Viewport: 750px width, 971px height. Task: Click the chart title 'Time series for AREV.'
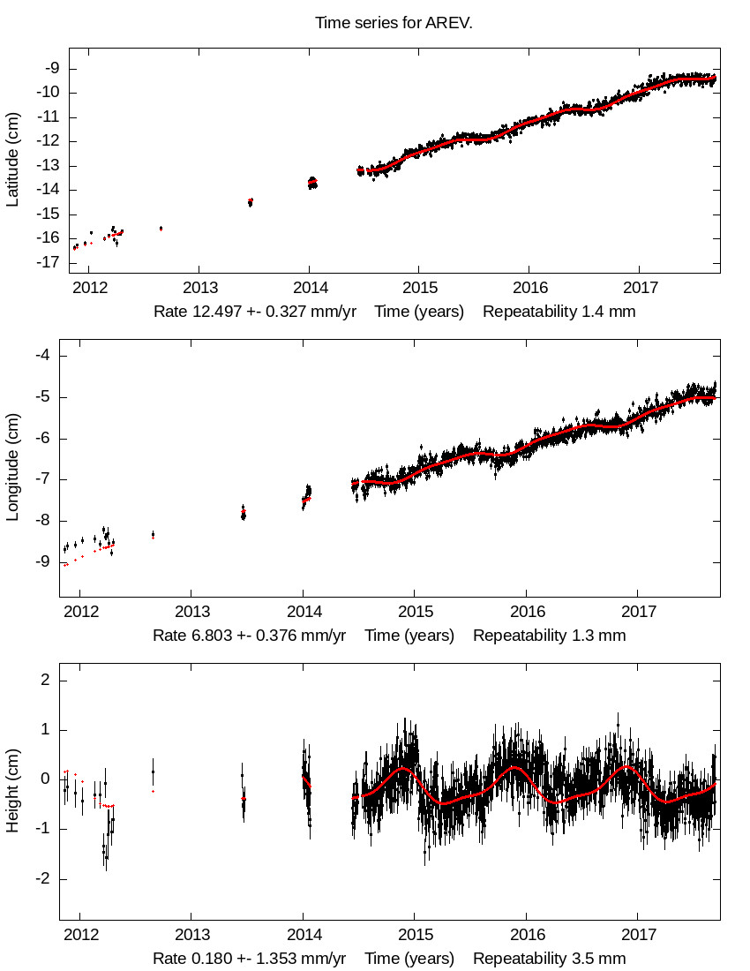tap(394, 23)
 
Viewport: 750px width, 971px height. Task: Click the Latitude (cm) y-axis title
tap(12, 160)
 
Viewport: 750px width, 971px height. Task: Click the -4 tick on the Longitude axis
tap(50, 356)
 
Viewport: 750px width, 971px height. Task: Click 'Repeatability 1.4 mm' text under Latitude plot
tap(559, 312)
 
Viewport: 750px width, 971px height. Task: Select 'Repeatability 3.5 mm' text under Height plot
tap(549, 959)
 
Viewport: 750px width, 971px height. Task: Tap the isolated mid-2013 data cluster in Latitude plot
tap(251, 202)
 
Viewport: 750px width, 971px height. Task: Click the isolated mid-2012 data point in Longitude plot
tap(153, 534)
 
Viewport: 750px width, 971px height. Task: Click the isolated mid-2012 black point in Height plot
tap(153, 772)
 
